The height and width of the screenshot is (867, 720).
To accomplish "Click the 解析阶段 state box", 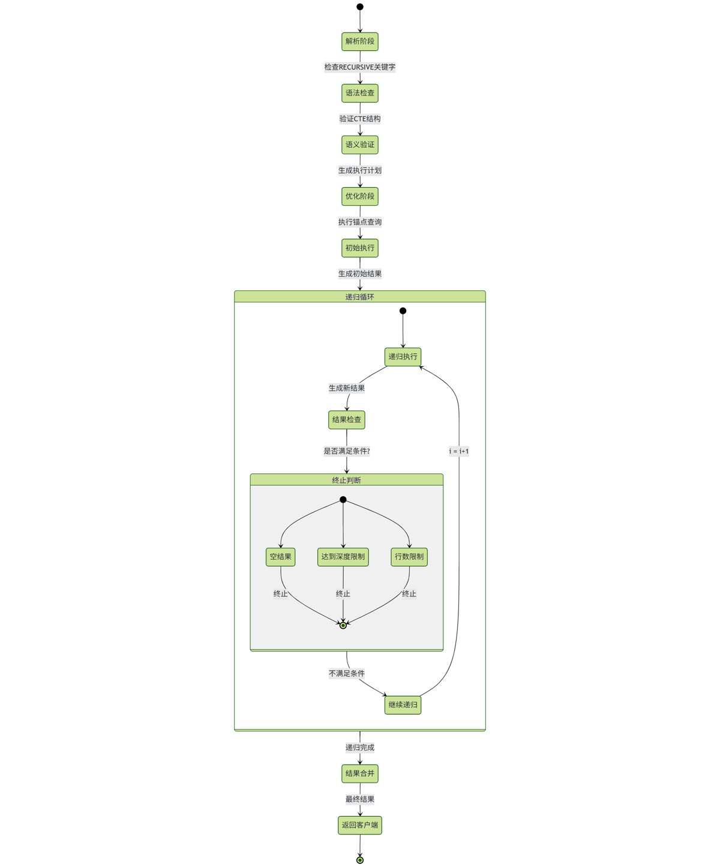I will point(360,41).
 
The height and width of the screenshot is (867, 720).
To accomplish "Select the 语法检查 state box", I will point(360,93).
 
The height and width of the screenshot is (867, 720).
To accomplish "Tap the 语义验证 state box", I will point(360,145).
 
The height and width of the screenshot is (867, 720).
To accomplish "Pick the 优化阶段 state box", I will point(360,196).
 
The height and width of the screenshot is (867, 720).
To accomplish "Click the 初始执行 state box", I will point(360,248).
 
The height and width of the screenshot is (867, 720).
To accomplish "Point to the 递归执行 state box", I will point(403,357).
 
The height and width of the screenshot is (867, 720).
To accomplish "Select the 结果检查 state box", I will point(347,420).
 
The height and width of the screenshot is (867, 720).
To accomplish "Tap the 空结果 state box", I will point(281,557).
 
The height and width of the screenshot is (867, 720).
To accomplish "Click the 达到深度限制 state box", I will point(343,557).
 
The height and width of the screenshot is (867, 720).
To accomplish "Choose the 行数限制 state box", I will point(409,557).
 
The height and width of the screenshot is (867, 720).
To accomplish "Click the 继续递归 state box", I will point(403,705).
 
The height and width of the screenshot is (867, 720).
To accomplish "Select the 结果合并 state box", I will point(360,773).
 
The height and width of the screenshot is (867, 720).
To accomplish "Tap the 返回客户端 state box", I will point(360,825).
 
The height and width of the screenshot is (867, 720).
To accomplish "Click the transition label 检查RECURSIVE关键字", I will point(360,67).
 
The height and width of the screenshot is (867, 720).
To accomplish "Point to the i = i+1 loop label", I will point(459,451).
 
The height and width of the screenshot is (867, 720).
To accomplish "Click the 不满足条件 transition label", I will point(347,674).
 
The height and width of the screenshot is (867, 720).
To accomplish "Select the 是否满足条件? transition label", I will point(347,451).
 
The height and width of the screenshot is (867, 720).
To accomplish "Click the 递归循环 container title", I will point(360,297).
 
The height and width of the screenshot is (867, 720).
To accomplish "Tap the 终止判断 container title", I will point(347,480).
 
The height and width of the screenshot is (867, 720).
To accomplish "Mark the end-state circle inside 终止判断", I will point(343,625).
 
